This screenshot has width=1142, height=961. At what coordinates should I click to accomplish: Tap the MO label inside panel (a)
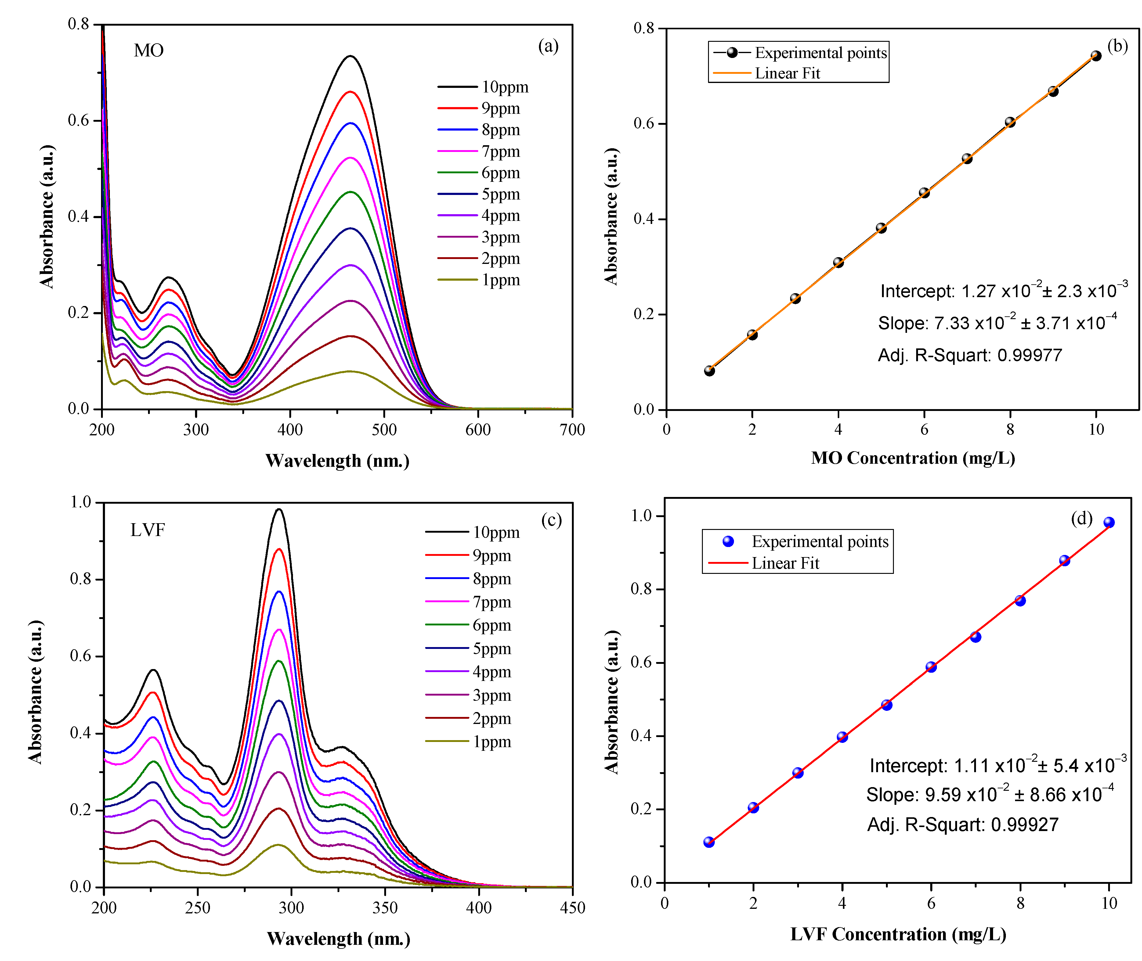tap(149, 51)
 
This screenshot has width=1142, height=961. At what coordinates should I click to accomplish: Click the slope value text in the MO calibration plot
tap(997, 323)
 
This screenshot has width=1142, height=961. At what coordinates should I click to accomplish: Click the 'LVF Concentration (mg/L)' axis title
tap(898, 934)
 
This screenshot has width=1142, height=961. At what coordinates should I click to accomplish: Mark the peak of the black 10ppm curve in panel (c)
tap(279, 509)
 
